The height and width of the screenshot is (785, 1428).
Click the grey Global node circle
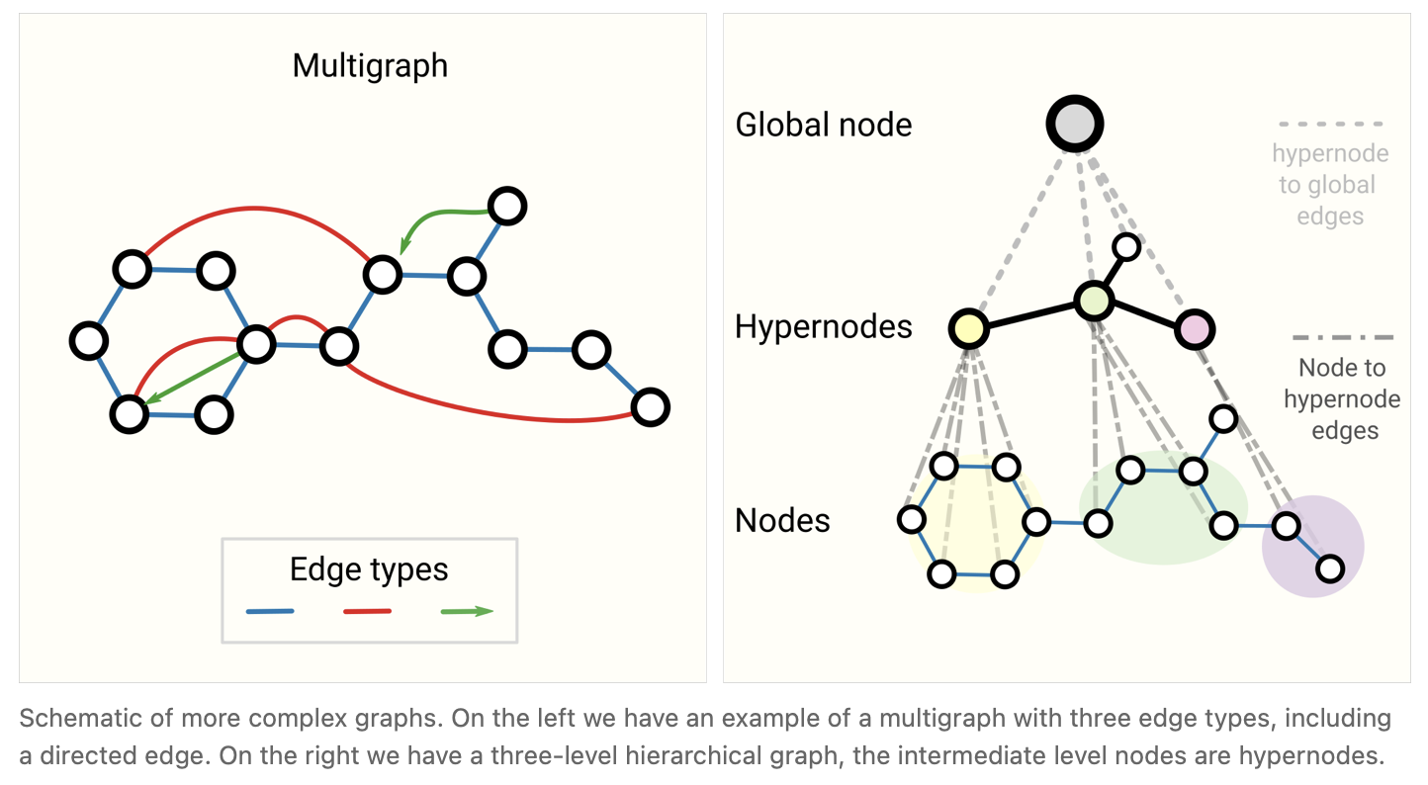[1074, 125]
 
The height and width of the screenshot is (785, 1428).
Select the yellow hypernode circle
[969, 329]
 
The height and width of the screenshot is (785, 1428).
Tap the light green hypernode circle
[1093, 301]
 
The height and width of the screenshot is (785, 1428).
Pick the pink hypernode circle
[1195, 329]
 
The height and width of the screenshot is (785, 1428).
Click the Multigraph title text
[370, 66]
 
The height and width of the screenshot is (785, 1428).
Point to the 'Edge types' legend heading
[369, 569]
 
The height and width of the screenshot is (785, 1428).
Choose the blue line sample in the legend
[270, 611]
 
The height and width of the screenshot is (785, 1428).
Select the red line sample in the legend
[368, 611]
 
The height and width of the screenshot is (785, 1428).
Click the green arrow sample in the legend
[466, 611]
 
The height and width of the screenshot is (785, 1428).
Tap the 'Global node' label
[823, 125]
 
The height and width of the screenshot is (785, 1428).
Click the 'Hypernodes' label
[823, 326]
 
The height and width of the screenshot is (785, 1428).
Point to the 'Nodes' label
[782, 520]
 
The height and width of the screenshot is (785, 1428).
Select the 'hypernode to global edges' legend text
[1330, 185]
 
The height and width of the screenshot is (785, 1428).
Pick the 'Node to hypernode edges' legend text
[1341, 398]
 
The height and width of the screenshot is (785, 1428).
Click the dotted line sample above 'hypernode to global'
[1330, 125]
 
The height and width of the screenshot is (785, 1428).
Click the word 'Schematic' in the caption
[65, 718]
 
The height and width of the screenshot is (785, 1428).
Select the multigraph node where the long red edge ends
[650, 406]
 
